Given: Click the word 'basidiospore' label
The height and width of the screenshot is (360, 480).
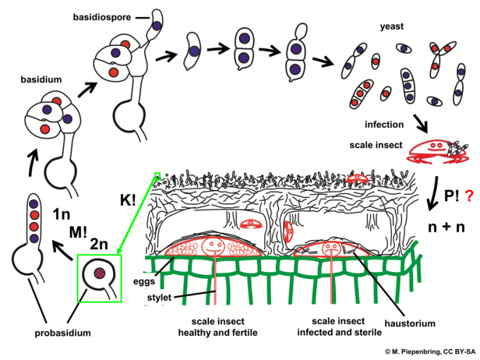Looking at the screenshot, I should point(101,16).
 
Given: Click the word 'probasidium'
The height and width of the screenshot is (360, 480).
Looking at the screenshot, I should point(65,333).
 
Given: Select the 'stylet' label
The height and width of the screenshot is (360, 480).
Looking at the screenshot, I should point(159,297).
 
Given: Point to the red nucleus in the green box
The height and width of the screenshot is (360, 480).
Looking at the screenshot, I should point(100,273).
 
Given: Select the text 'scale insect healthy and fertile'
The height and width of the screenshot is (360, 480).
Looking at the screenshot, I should point(223,326).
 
